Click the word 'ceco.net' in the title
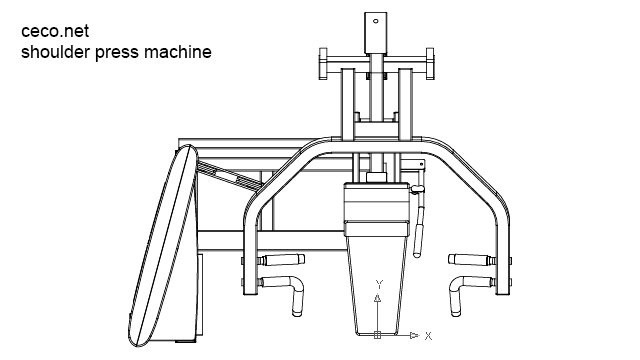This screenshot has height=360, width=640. click(54, 31)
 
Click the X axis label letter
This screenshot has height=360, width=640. click(427, 334)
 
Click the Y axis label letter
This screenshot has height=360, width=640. click(377, 285)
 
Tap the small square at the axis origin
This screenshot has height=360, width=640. click(377, 334)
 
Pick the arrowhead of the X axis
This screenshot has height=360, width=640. click(412, 334)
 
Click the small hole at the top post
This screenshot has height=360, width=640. click(377, 20)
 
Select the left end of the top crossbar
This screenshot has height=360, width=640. click(321, 63)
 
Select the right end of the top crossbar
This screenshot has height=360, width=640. click(433, 63)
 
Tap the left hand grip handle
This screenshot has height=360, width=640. click(290, 290)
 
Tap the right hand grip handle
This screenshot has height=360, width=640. click(462, 290)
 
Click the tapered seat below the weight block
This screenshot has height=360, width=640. click(377, 280)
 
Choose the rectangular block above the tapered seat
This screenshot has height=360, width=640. click(377, 210)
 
